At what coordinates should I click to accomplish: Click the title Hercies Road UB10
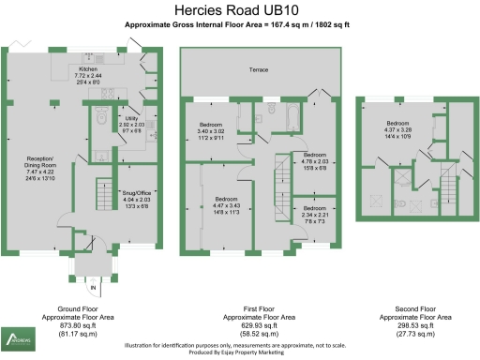click(x=239, y=10)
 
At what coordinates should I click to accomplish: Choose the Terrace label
click(x=259, y=70)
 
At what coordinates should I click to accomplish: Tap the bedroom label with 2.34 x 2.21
click(x=313, y=215)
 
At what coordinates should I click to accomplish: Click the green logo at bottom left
click(x=18, y=337)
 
